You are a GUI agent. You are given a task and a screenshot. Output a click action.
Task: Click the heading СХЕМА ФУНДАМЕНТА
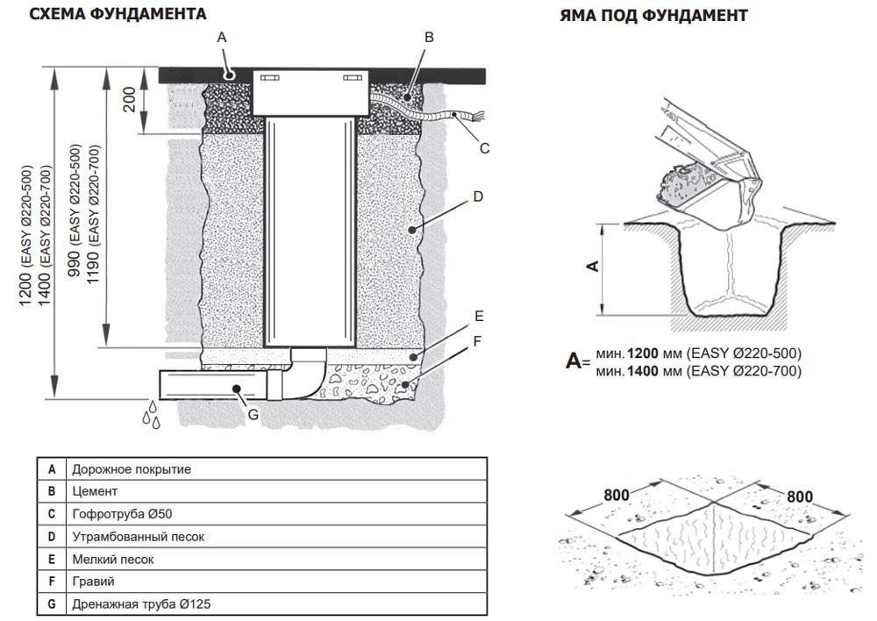[118, 14]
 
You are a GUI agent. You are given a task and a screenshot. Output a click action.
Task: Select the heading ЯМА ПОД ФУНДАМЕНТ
[653, 16]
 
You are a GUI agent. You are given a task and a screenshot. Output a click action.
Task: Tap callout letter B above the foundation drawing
[429, 37]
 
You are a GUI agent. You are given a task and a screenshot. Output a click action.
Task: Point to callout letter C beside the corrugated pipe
[484, 148]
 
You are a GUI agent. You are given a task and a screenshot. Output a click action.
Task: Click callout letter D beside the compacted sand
[478, 197]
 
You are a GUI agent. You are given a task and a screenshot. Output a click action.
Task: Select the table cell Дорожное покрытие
[132, 469]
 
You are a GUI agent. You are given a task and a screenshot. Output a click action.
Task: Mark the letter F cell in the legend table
[52, 582]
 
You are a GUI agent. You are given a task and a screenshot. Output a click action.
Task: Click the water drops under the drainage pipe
[152, 415]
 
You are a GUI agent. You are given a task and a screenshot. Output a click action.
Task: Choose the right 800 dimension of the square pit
[799, 496]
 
